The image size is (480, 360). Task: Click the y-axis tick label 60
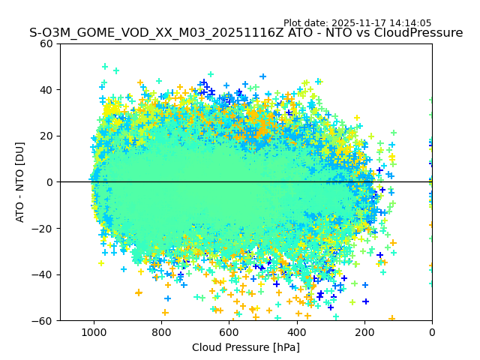pos(46,43)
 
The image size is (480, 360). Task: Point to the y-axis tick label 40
pos(46,90)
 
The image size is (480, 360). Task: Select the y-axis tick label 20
pos(46,136)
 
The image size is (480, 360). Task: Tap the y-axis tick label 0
pos(49,182)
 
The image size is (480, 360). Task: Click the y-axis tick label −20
pos(43,229)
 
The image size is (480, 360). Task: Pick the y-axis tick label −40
pos(43,274)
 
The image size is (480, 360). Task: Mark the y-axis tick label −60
pos(43,321)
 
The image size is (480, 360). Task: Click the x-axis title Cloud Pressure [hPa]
pos(246,347)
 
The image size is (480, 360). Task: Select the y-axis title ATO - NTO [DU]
pos(20,182)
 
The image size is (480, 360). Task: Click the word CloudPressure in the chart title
pos(421,33)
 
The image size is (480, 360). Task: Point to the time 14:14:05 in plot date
pos(410,23)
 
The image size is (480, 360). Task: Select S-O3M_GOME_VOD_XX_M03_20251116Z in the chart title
pos(139,33)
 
